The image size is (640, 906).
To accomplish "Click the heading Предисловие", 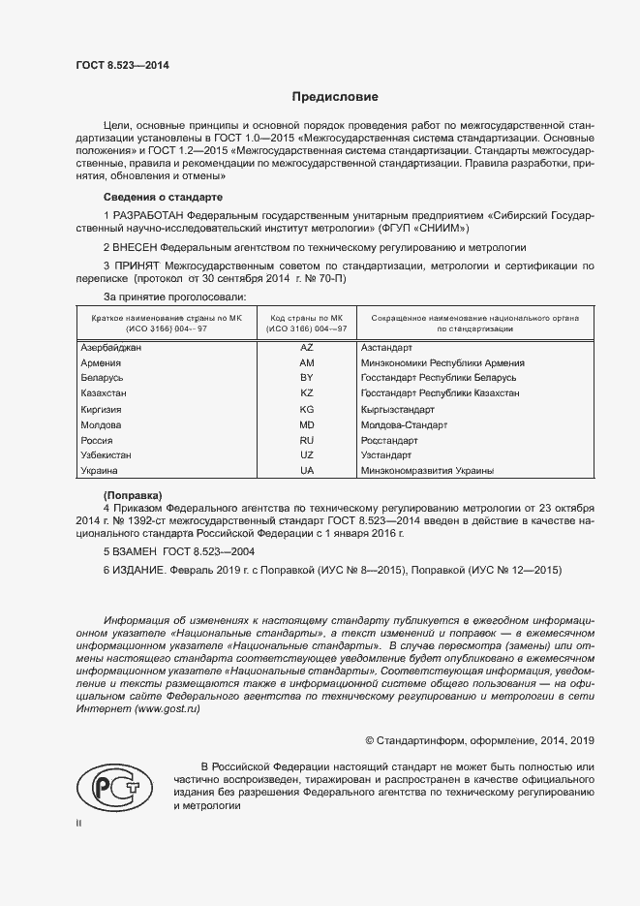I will (336, 97).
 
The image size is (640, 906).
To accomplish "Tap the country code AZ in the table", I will (307, 347).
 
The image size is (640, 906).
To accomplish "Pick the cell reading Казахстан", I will (105, 393).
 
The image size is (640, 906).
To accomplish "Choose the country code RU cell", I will (307, 440).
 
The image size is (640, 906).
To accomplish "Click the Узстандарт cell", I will (385, 455).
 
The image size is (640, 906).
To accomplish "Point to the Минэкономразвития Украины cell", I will (426, 471).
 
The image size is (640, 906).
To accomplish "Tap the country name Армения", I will (101, 362).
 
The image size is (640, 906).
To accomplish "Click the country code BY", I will (307, 378).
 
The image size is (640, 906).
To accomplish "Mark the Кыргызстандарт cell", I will (400, 409).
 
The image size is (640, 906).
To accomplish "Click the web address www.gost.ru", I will (168, 709).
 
